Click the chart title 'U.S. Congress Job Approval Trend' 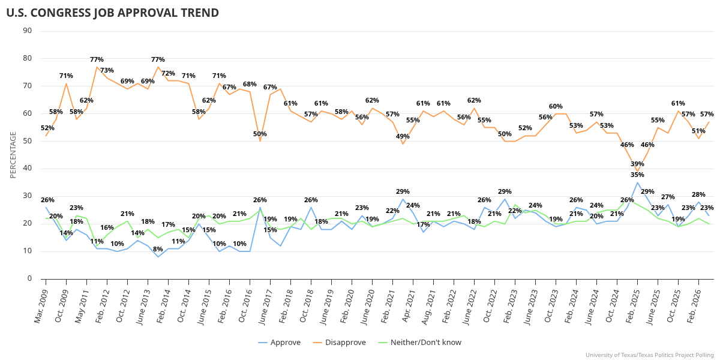(x=112, y=13)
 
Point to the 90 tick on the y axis (x=28, y=31)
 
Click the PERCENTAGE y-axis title (x=13, y=155)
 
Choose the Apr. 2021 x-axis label (x=405, y=306)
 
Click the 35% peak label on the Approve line (x=637, y=175)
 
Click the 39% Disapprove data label (x=637, y=164)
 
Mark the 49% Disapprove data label (x=403, y=136)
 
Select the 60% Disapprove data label (x=556, y=106)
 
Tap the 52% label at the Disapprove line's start (x=47, y=128)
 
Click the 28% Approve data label (x=698, y=194)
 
